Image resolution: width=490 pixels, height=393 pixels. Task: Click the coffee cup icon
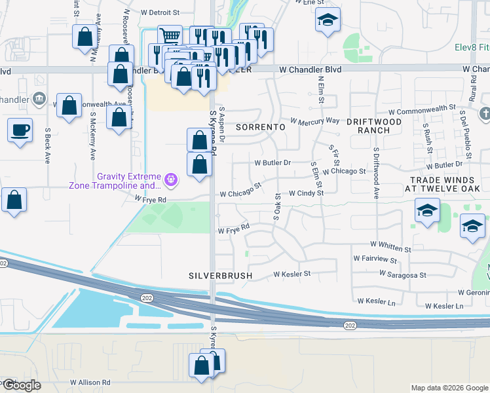click(x=20, y=128)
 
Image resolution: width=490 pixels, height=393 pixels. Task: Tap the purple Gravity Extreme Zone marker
click(x=171, y=178)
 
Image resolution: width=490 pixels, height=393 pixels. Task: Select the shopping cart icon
click(x=170, y=35)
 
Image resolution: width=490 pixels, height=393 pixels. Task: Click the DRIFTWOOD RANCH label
click(x=373, y=126)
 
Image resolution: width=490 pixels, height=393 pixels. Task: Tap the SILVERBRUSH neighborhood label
click(x=220, y=276)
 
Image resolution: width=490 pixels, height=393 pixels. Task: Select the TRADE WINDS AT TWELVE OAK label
click(x=442, y=184)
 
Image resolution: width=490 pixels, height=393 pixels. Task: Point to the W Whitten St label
click(x=390, y=249)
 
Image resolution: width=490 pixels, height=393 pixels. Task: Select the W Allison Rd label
click(x=90, y=382)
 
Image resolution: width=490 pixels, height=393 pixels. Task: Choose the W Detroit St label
click(x=160, y=12)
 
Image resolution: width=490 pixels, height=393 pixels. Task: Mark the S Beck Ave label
click(x=48, y=145)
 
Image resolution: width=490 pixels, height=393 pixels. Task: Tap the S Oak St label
click(x=277, y=206)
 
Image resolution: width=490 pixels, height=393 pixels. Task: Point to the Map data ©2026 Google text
click(x=449, y=388)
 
